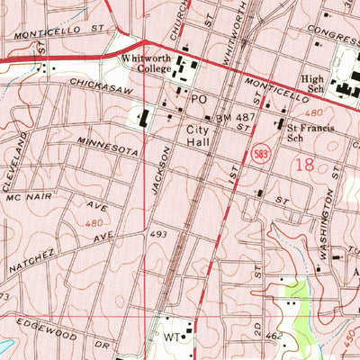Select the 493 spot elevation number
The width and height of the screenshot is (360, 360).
point(159,234)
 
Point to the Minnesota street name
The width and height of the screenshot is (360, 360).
point(108,148)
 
